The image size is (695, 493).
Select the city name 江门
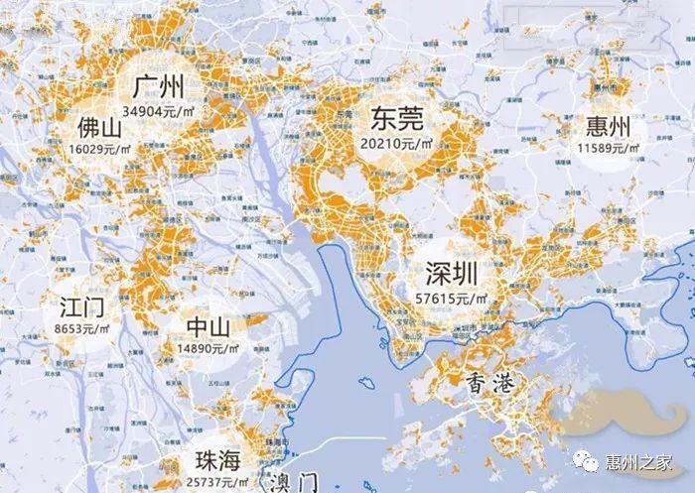point(82,304)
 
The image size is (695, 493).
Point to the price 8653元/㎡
point(84,324)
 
